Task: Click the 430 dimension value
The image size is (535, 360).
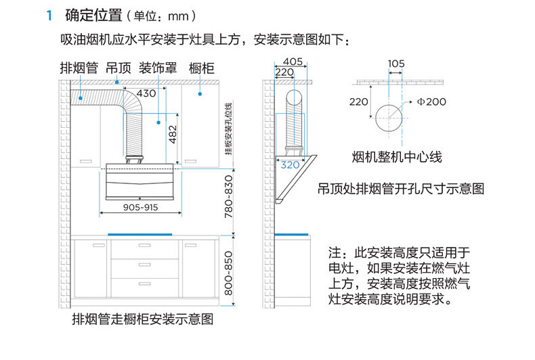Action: pyautogui.click(x=146, y=93)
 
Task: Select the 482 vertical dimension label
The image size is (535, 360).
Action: pyautogui.click(x=172, y=135)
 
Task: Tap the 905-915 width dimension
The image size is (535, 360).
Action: pyautogui.click(x=141, y=208)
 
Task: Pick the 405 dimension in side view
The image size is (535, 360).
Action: pyautogui.click(x=293, y=62)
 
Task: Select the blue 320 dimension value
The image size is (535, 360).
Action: pyautogui.click(x=289, y=164)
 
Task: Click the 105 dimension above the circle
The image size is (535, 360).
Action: pyautogui.click(x=396, y=64)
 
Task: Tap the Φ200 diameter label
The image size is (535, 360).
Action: pyautogui.click(x=431, y=102)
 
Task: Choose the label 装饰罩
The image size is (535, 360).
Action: pyautogui.click(x=158, y=68)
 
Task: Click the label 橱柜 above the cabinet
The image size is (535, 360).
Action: pyautogui.click(x=202, y=68)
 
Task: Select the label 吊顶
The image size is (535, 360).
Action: pyautogui.click(x=118, y=68)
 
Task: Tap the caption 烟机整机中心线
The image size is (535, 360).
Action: pyautogui.click(x=397, y=158)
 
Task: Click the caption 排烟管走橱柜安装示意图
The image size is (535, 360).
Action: pyautogui.click(x=142, y=319)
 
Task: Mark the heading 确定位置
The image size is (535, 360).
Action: pyautogui.click(x=93, y=15)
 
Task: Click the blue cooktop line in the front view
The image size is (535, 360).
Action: pyautogui.click(x=140, y=235)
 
